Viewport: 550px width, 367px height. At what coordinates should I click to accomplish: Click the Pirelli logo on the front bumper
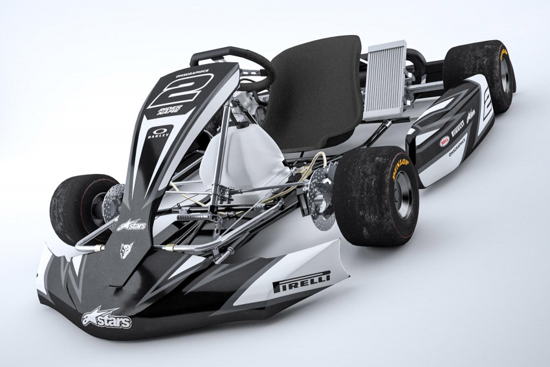pyautogui.click(x=302, y=282)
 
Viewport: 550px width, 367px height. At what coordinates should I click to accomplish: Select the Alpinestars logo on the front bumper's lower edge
pyautogui.click(x=106, y=317)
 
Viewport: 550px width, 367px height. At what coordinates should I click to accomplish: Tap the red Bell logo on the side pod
pyautogui.click(x=445, y=140)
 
